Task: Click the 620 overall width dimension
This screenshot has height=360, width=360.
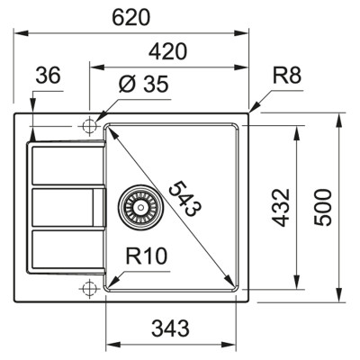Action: (133, 16)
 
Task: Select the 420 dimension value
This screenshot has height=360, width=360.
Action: (168, 51)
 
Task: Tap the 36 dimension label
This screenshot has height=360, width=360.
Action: (48, 77)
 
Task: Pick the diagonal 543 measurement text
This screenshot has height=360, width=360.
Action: (184, 200)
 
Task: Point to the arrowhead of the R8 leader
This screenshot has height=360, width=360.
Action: (251, 111)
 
